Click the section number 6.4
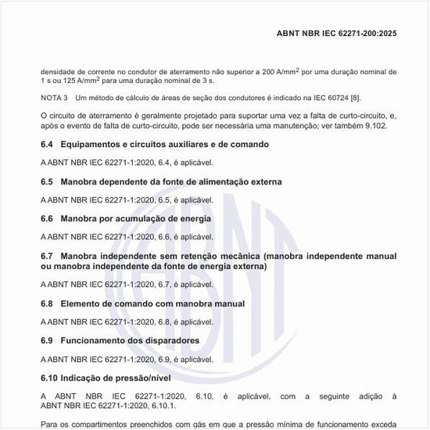tap(47, 145)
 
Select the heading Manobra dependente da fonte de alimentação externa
tap(170, 181)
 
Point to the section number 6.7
tap(47, 256)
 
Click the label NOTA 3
tap(55, 99)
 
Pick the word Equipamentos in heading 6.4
tap(92, 145)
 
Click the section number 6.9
tap(47, 340)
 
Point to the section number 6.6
tap(47, 218)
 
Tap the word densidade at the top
tap(60, 71)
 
